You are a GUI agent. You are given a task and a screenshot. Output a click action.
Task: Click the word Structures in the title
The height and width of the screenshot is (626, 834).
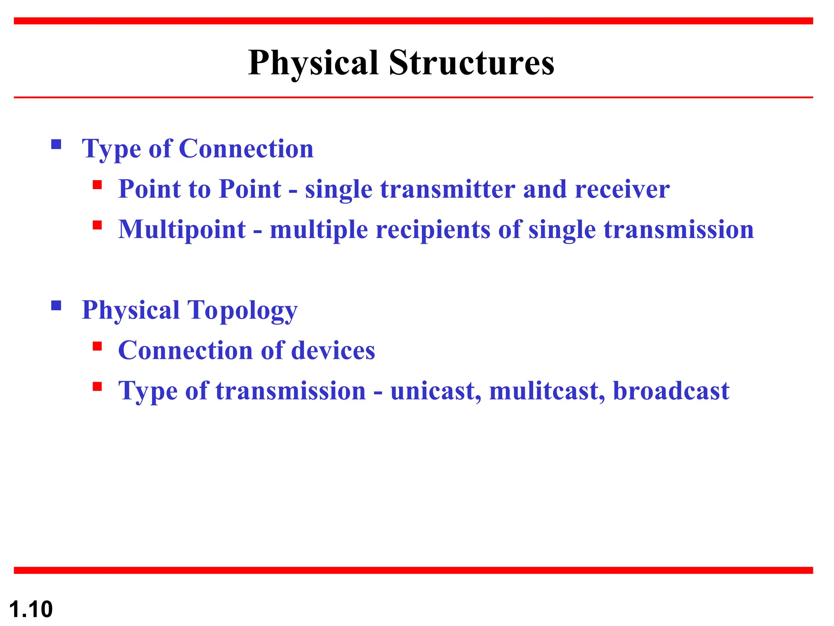[472, 63]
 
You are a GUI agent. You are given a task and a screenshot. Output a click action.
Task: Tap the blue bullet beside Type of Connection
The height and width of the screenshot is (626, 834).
[56, 144]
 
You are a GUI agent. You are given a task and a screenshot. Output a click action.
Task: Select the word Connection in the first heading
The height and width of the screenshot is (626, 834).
[246, 148]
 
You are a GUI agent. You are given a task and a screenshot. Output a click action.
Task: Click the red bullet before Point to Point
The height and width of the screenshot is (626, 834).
[97, 185]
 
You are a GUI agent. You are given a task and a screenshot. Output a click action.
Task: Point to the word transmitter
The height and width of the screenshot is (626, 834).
[448, 189]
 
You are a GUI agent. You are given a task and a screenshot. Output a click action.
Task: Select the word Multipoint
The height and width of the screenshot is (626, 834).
[182, 229]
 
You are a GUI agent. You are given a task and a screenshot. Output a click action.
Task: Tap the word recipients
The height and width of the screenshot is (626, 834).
[433, 229]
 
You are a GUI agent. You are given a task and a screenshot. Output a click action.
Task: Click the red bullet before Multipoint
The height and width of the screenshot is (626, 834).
[97, 225]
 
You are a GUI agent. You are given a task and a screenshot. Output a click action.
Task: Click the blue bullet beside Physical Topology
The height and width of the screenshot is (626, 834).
[56, 306]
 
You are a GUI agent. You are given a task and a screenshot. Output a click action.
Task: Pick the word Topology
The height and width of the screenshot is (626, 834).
[242, 311]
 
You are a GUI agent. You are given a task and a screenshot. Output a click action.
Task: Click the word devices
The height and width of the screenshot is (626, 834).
[333, 350]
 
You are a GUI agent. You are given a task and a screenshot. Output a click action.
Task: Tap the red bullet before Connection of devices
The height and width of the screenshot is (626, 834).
[97, 346]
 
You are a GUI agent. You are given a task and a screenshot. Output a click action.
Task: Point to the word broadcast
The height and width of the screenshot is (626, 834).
[671, 391]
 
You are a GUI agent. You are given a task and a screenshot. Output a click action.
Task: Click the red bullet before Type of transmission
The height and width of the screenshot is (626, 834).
[97, 386]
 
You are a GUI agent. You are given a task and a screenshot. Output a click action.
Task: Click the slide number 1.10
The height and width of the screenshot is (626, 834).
[31, 609]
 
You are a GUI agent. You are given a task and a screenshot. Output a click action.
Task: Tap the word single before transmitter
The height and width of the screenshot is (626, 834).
[338, 189]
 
